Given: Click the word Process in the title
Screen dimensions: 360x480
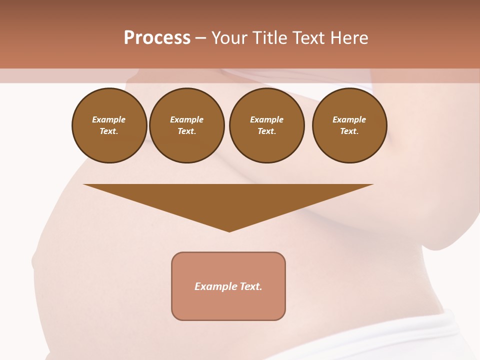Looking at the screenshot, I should (x=157, y=38).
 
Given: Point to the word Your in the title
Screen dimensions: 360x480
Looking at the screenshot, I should (x=229, y=38).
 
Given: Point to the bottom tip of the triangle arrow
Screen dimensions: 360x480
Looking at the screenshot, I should (x=229, y=230).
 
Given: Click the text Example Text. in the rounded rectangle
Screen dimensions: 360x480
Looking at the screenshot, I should (x=228, y=286).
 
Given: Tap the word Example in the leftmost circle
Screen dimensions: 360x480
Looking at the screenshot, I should (x=109, y=119).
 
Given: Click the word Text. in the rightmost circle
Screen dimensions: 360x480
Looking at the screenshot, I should (x=349, y=131).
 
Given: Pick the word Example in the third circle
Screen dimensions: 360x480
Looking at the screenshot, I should (x=267, y=119).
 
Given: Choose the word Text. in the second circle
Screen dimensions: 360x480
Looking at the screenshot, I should (x=187, y=131).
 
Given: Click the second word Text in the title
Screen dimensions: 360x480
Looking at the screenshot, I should (x=307, y=38).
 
